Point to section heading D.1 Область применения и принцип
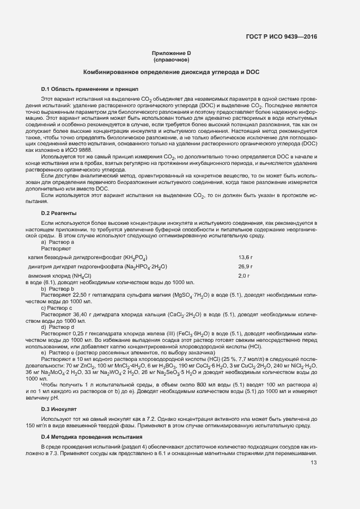90,88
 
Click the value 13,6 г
246,257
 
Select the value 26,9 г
246,267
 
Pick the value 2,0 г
244,276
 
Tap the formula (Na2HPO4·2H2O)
139,267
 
